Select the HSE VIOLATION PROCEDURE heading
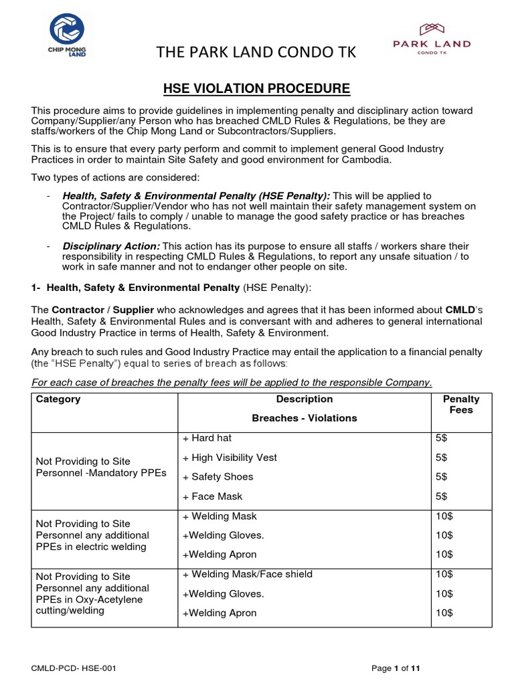[x=257, y=88]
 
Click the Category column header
[x=58, y=399]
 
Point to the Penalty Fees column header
[x=461, y=404]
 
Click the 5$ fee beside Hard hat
[x=441, y=438]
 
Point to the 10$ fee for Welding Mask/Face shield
[x=444, y=574]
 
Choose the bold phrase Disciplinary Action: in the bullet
[x=111, y=247]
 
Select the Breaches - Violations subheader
[x=305, y=418]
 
